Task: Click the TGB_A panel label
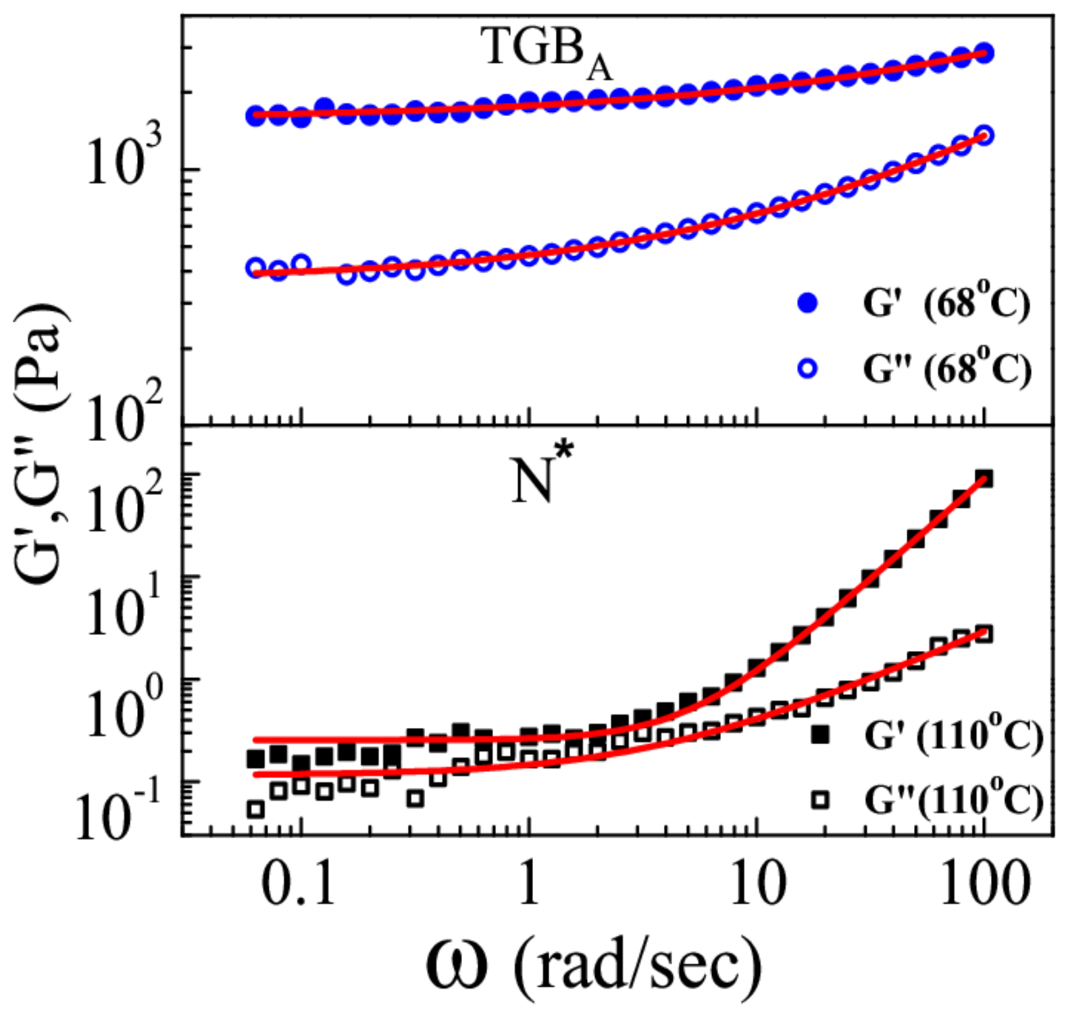click(546, 52)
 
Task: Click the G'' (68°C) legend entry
click(913, 369)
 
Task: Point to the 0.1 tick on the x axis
click(298, 884)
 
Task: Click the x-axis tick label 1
click(529, 884)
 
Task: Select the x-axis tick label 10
click(757, 884)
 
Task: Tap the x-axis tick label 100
click(984, 884)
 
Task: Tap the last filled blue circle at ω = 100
click(984, 53)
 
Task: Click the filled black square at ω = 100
click(984, 479)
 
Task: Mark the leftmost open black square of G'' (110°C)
click(255, 808)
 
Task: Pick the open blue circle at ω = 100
click(984, 134)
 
